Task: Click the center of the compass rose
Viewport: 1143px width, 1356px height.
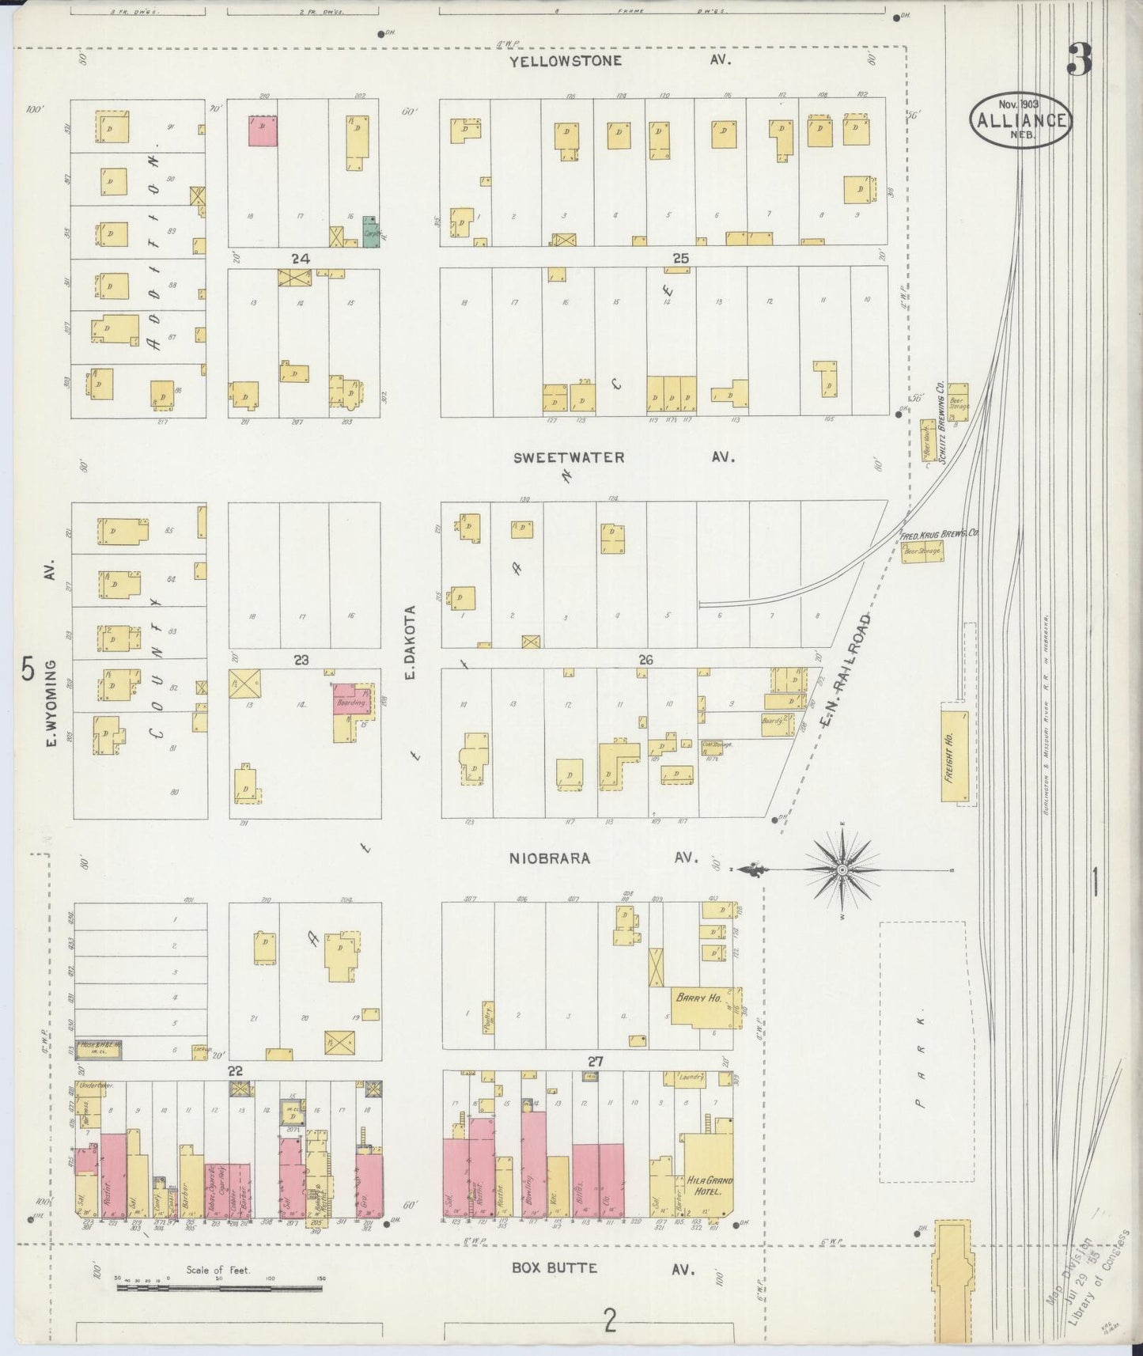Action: [x=842, y=869]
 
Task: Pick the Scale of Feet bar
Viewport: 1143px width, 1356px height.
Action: [x=219, y=1288]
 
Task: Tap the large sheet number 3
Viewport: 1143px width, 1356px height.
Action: [x=1079, y=59]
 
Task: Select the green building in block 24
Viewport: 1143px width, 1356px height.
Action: [x=369, y=230]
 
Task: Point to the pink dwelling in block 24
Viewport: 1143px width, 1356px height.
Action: [x=263, y=131]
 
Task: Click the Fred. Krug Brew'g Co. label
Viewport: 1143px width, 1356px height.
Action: [x=939, y=534]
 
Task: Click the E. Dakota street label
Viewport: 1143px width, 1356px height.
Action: [x=410, y=642]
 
